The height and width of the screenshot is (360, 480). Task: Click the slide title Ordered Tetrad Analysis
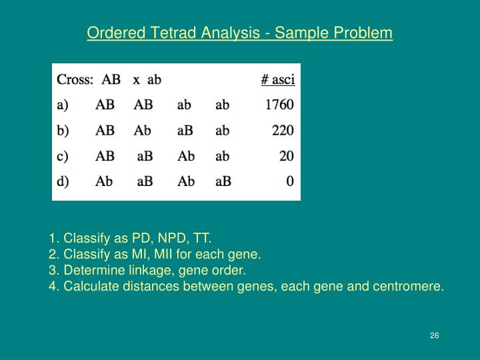[x=239, y=33]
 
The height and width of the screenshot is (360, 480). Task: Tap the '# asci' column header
[x=277, y=80]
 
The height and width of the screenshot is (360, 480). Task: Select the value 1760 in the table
[x=279, y=105]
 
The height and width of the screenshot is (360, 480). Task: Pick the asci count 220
[x=283, y=131]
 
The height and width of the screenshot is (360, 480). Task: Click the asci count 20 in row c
[x=287, y=156]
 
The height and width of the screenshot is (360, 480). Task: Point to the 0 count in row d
[x=290, y=181]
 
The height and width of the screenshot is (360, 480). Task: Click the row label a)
[x=63, y=105]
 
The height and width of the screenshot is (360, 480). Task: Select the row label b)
[x=63, y=131]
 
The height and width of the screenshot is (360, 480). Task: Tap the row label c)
[x=63, y=156]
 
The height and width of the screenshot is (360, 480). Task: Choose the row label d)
[x=63, y=181]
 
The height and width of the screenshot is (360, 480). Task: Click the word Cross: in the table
[x=75, y=80]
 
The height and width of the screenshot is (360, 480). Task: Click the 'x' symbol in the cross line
[x=136, y=80]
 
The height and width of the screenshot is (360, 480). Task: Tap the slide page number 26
[x=434, y=335]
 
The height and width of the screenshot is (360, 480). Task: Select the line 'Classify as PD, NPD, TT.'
[x=130, y=238]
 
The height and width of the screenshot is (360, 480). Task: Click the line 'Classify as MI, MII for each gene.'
[x=155, y=254]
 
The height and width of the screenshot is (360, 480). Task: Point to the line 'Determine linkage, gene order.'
[x=147, y=271]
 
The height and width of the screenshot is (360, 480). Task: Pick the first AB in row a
[x=105, y=105]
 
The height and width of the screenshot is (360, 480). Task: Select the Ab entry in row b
[x=143, y=131]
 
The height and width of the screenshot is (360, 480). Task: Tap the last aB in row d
[x=223, y=181]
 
